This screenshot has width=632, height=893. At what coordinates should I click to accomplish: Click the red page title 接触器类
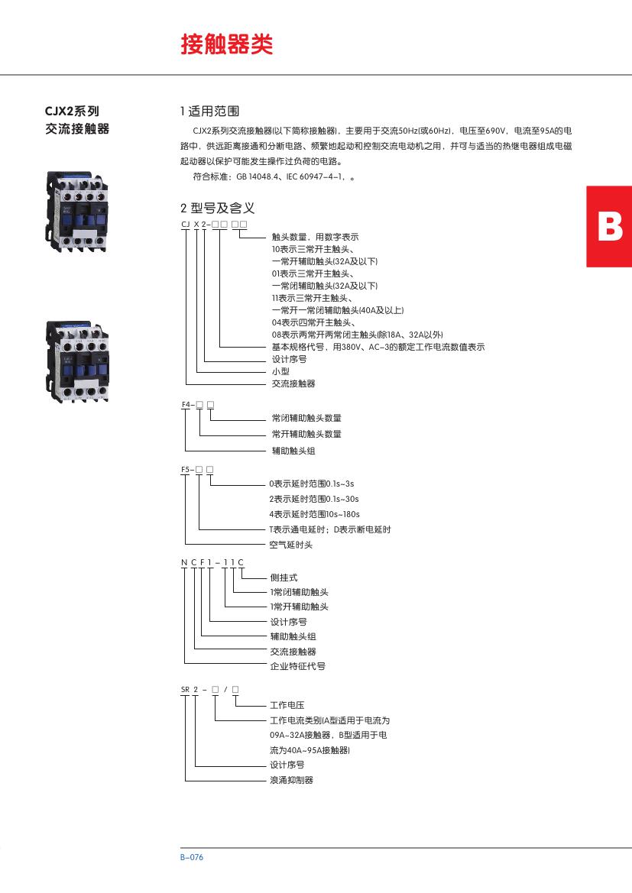pos(226,45)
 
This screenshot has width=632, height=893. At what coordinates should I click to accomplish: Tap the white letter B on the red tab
pos(609,227)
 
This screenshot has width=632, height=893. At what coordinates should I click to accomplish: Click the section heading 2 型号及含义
pos(217,207)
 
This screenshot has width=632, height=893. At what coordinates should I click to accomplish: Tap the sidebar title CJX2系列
pos(73,111)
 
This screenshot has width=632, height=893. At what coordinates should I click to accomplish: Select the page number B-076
pos(192,857)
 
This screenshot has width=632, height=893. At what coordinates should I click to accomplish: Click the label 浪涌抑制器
pos(291,780)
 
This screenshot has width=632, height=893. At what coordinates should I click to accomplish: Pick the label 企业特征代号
pos(298,666)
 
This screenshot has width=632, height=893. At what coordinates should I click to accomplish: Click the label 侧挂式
pos(284,578)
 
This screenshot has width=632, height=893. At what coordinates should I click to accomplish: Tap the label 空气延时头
pos(291,545)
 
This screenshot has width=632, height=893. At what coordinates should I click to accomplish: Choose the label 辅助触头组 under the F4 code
pos(293,451)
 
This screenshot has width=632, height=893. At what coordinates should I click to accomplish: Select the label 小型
pos(280,371)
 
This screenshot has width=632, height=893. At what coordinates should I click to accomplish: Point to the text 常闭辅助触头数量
pos(306,418)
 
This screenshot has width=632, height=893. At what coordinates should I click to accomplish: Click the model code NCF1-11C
pos(212,562)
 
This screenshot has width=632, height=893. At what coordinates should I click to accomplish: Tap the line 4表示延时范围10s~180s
pos(313,514)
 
